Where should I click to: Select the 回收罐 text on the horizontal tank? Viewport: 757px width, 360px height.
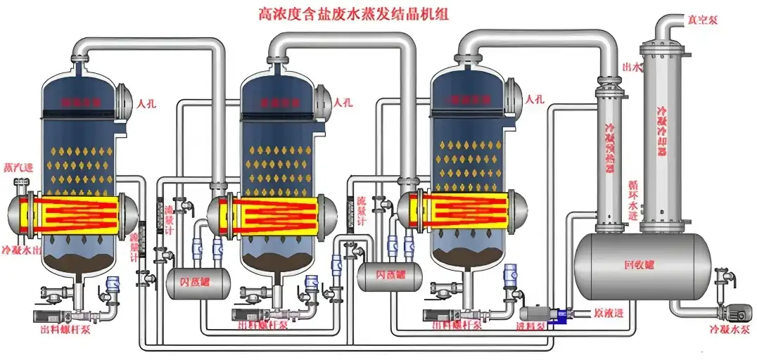coord(638,266)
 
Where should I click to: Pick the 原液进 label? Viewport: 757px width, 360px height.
coord(609,311)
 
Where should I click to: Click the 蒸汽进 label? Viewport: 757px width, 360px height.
coord(19,169)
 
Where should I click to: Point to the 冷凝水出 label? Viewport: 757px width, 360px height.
coord(21,250)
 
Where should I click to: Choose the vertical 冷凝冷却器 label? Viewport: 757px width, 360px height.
coord(661,134)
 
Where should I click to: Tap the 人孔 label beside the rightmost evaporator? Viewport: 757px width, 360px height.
coord(536,101)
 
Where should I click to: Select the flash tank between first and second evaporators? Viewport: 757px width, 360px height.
coord(198,281)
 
